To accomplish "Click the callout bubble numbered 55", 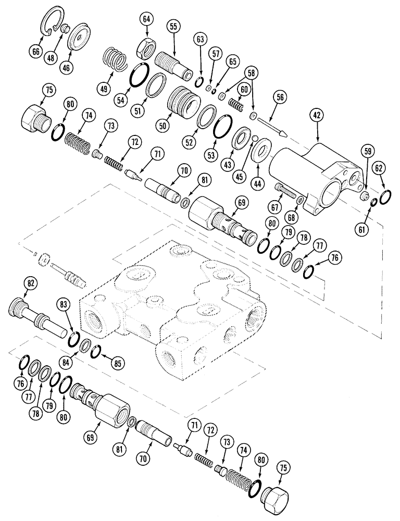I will tap(173, 27).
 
